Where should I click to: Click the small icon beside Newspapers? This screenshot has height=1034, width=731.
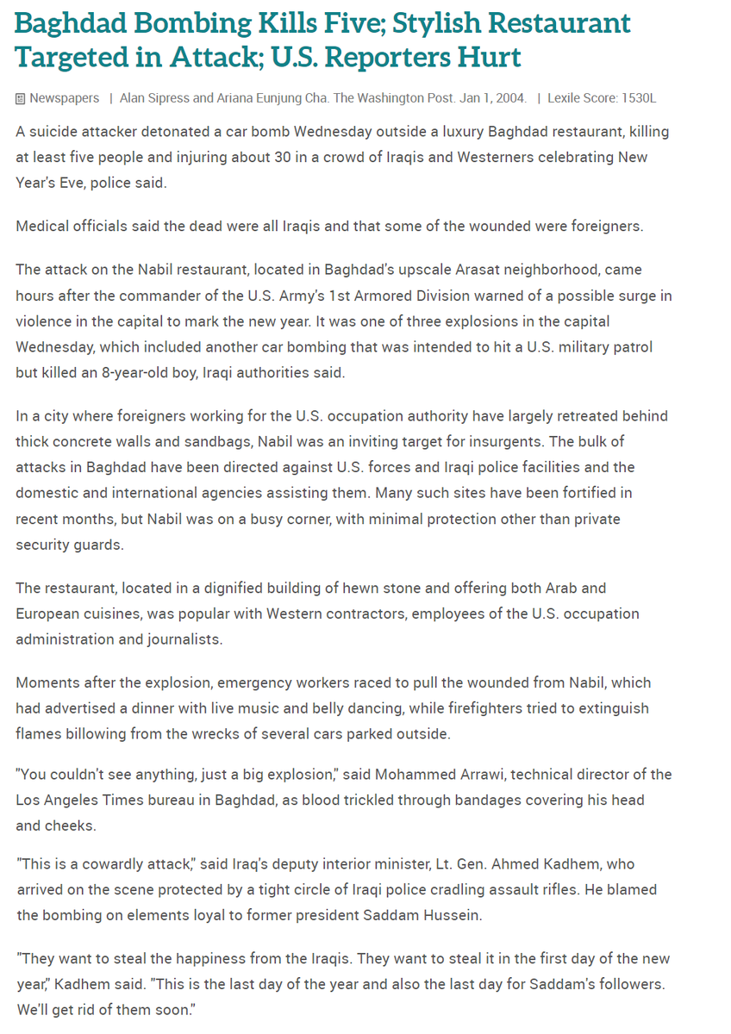tap(21, 98)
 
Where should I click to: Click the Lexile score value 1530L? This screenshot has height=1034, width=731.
tap(639, 98)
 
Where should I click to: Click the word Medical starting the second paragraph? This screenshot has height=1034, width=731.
tap(42, 226)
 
